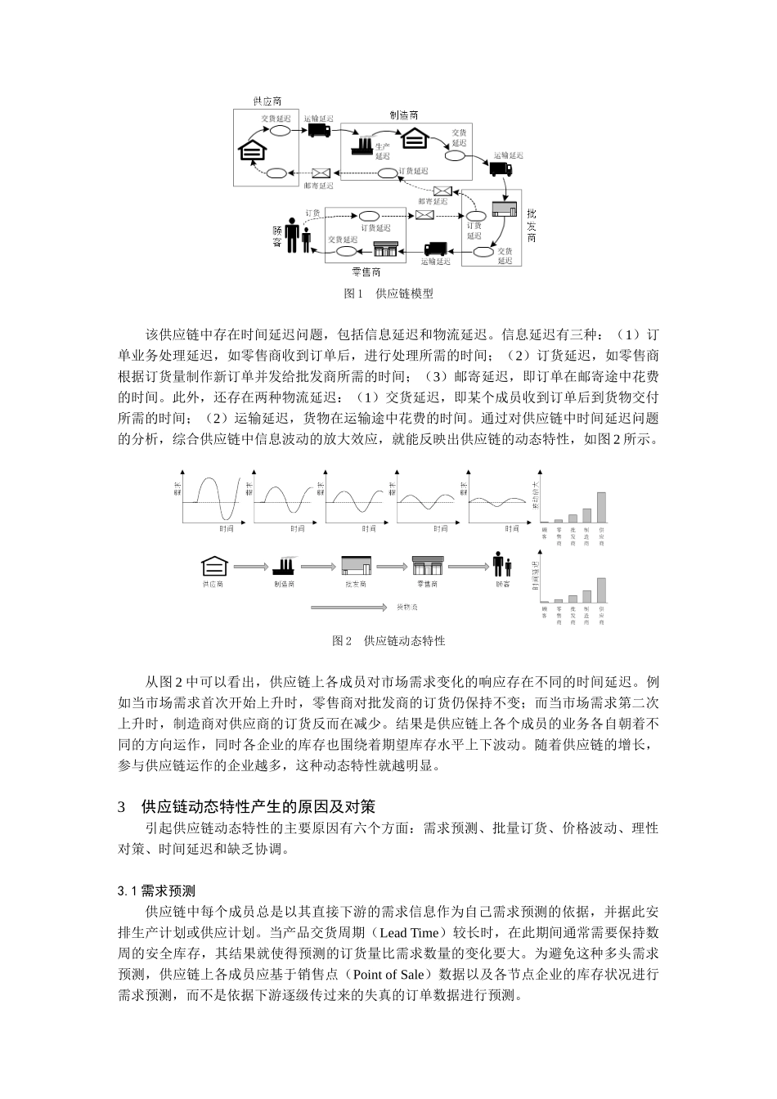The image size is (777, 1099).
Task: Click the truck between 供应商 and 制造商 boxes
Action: pos(319,130)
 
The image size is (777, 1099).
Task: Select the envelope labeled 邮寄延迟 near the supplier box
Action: pos(321,173)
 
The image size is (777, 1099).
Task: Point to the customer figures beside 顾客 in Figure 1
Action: pos(297,238)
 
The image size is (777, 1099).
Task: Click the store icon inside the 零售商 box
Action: pos(385,249)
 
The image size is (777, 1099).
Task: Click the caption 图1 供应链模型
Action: pos(388,294)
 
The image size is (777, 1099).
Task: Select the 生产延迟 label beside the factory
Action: pos(383,150)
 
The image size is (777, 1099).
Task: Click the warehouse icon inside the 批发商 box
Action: pos(505,210)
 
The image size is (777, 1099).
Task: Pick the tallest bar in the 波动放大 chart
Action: pos(602,507)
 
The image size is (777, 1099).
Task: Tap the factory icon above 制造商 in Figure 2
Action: pos(285,565)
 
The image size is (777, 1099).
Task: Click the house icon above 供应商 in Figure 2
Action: pos(213,565)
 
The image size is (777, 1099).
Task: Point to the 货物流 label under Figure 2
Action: pos(406,608)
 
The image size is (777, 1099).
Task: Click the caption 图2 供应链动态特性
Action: pos(388,641)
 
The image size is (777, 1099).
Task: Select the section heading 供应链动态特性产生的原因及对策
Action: pos(258,807)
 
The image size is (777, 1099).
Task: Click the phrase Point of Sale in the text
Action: pos(388,975)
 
